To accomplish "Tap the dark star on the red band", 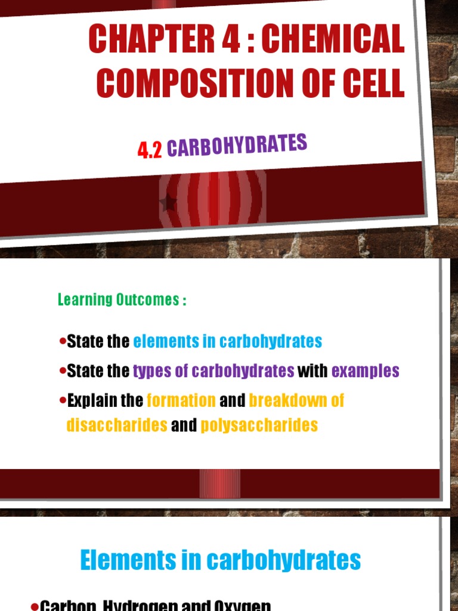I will [169, 203].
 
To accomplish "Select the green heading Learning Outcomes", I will [122, 300].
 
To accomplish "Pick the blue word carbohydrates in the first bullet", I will [271, 341].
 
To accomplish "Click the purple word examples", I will [365, 371].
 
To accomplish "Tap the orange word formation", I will [181, 400].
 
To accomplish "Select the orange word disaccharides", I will [117, 425].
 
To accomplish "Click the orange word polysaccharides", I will [259, 425].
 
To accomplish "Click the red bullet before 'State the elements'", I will [63, 341].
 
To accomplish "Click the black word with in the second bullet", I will [312, 371].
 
